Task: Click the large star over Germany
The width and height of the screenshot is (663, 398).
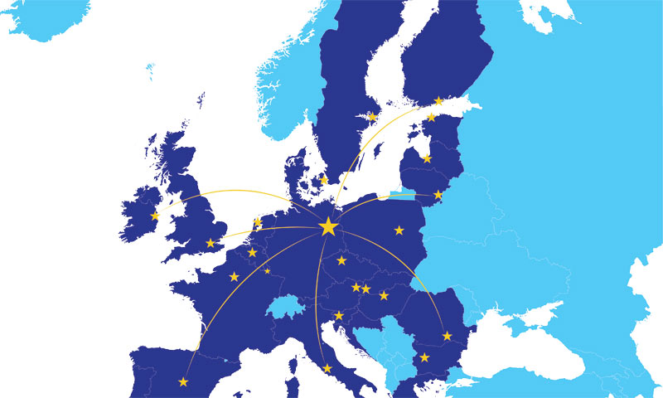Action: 328,226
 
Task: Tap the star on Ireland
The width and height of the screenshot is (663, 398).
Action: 155,216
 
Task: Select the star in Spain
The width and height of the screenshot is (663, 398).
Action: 183,381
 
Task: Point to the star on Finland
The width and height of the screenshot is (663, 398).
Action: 438,100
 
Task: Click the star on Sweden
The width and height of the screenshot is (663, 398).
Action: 371,115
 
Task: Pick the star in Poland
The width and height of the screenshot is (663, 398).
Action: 399,230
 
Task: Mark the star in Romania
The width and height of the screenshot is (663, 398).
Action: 448,336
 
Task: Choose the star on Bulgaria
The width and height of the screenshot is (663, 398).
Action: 424,357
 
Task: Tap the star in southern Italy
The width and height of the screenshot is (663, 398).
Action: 327,368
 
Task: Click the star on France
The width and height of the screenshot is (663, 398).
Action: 235,276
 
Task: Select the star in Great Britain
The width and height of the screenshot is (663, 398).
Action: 211,243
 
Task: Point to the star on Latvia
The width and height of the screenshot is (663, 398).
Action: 427,158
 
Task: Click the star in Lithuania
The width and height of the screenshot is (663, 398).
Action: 438,195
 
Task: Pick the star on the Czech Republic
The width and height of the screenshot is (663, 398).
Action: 341,260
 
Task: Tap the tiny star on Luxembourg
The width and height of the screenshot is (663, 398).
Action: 267,270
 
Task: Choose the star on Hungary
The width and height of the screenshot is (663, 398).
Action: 384,295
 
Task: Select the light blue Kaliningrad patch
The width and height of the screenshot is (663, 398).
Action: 397,197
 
